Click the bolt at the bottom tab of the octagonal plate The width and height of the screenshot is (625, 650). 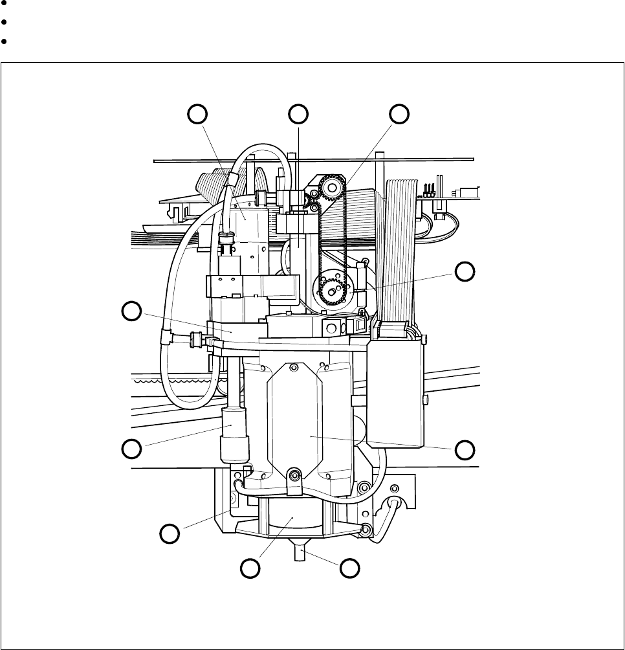tap(294, 476)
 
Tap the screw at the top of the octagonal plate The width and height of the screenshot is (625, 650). tap(294, 368)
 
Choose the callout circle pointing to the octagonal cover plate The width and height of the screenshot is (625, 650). tap(464, 449)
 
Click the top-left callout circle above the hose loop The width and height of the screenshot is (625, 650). tap(197, 113)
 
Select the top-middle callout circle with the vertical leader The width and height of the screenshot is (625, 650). tap(298, 113)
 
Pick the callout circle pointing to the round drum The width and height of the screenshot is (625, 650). tap(250, 568)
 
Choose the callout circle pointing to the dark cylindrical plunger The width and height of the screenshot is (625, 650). tap(132, 447)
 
